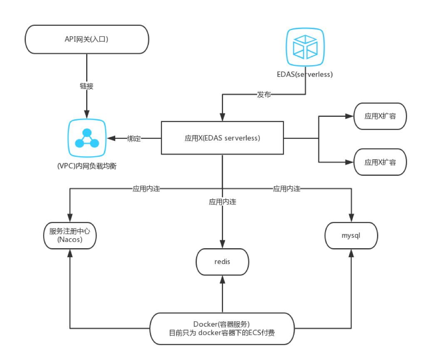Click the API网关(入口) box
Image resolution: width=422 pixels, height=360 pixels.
87,39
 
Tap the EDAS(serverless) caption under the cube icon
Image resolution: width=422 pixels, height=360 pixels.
305,74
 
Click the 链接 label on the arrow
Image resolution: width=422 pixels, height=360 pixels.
87,86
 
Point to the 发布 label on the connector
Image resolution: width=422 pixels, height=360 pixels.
263,95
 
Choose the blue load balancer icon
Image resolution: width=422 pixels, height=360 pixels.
87,138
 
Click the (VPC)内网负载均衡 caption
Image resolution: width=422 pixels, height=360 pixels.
87,166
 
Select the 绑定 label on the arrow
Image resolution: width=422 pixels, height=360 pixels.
134,139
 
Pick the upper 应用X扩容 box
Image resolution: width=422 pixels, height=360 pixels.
380,116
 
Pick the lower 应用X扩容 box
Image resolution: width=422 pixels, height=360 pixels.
380,162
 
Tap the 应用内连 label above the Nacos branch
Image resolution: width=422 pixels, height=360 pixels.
146,189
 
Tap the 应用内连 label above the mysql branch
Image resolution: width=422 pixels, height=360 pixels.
286,189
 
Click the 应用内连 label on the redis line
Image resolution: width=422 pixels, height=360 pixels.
222,202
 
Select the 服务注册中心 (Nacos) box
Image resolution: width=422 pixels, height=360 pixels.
70,235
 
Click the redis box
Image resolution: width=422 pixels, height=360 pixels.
222,262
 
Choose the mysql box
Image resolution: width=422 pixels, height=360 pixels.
351,235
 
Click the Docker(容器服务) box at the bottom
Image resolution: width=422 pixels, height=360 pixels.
222,328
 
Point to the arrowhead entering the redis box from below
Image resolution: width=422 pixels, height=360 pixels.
222,278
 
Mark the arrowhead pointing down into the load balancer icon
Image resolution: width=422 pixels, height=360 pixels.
87,114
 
